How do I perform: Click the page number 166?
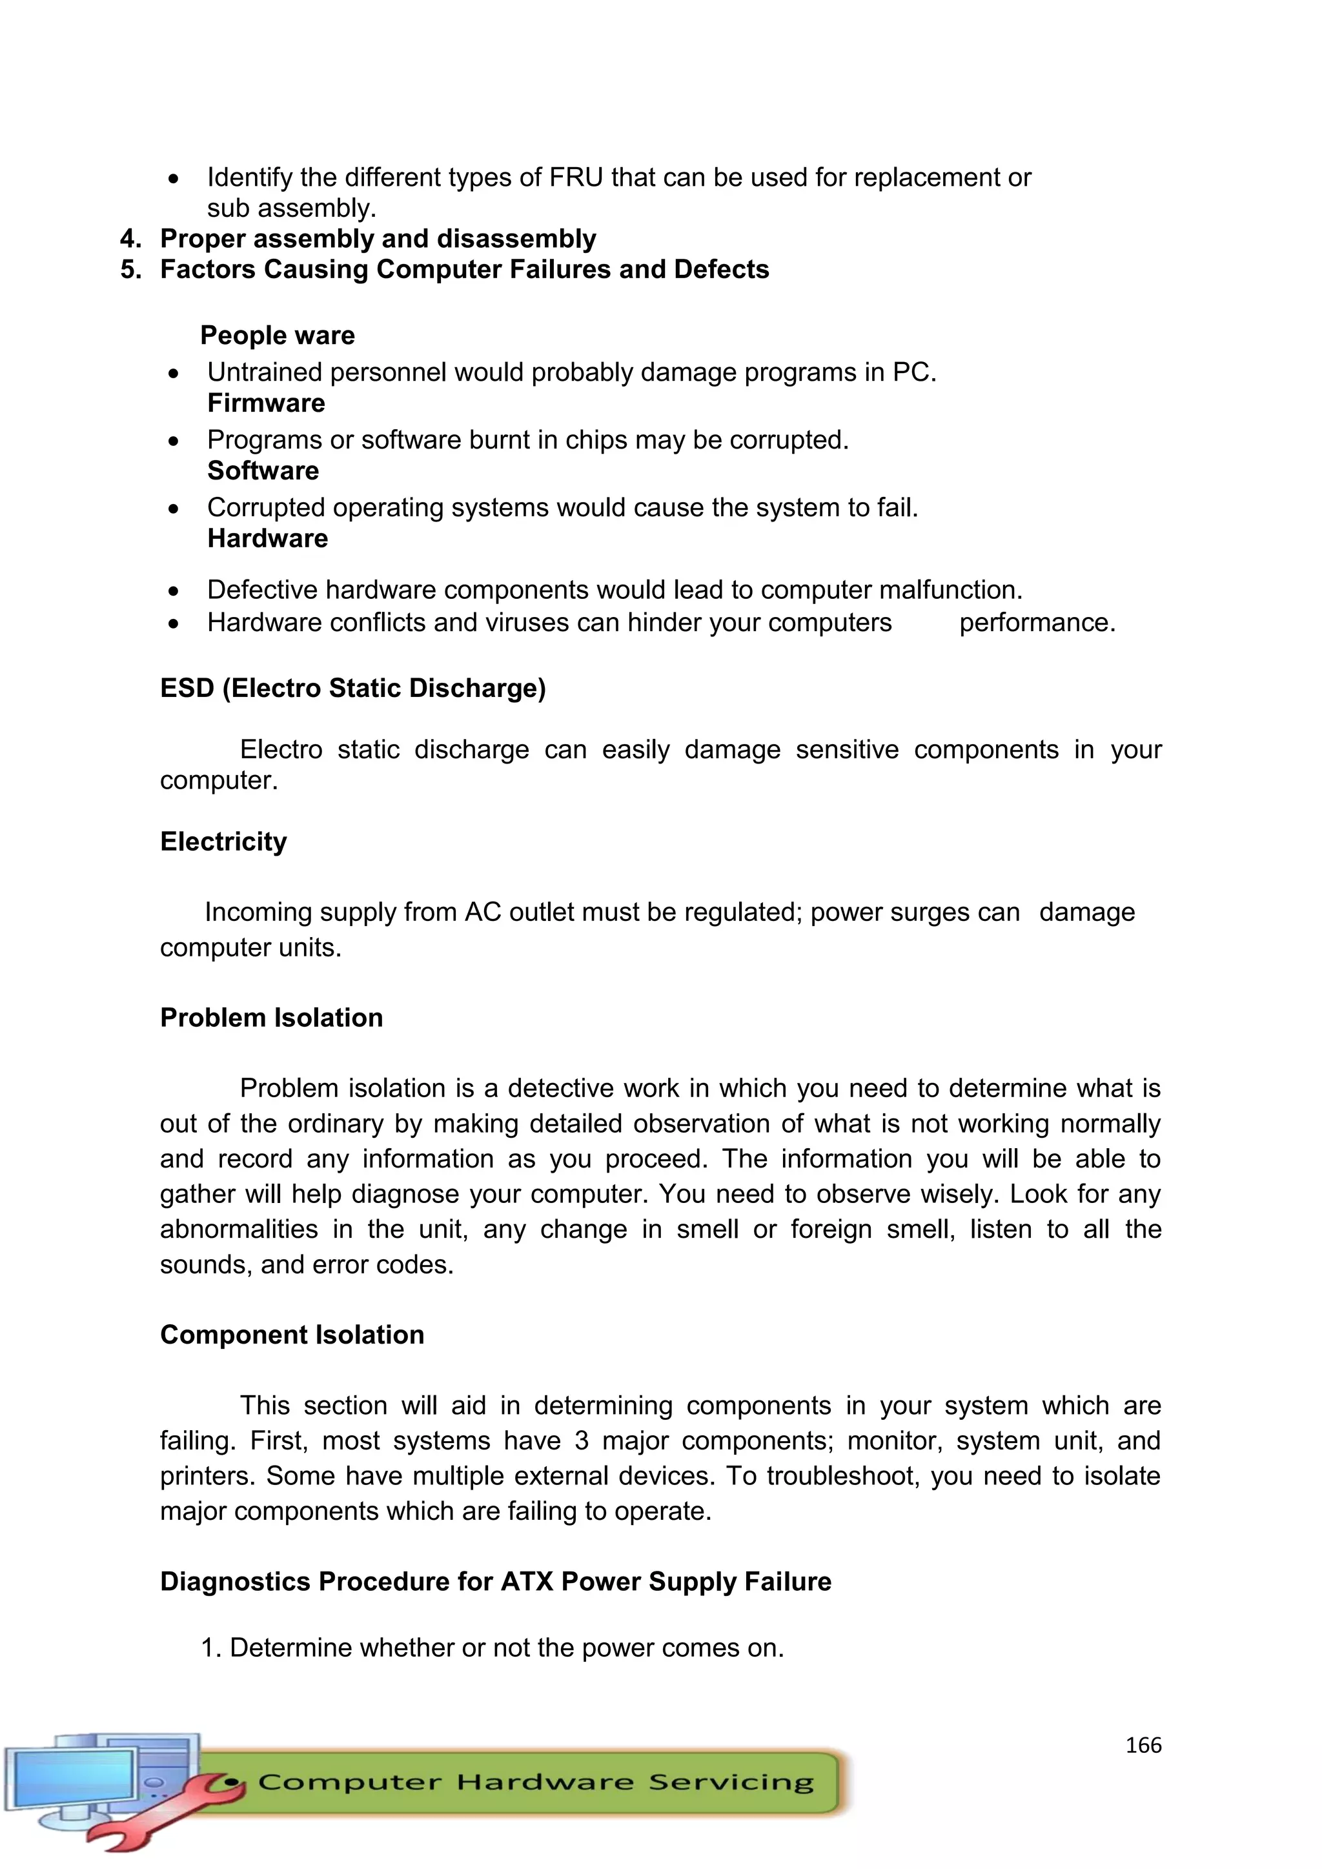tap(1143, 1744)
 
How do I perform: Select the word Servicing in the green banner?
tap(730, 1783)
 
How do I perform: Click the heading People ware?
tap(277, 336)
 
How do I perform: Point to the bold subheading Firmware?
tap(265, 403)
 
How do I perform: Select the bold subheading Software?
tap(262, 470)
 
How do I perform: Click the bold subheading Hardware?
tap(267, 538)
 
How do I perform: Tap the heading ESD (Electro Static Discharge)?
tap(352, 688)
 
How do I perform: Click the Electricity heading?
tap(223, 841)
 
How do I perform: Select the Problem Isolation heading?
tap(271, 1018)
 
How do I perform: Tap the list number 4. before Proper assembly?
tap(130, 239)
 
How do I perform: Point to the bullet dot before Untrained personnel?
tap(174, 374)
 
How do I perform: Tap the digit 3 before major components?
tap(581, 1441)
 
